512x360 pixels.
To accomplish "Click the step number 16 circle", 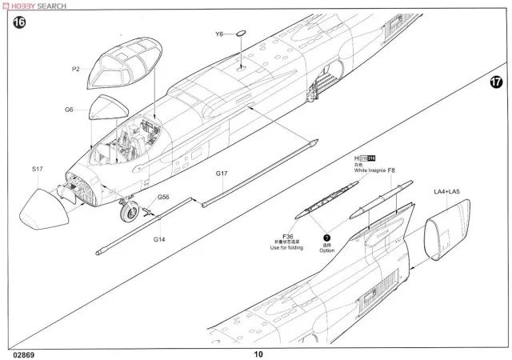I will (x=19, y=23).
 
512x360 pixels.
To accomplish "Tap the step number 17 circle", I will (x=497, y=82).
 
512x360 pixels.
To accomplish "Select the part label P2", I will (x=76, y=70).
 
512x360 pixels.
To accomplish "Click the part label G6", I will (x=70, y=110).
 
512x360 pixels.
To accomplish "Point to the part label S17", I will (x=38, y=169).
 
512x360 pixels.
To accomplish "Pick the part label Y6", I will (x=219, y=34).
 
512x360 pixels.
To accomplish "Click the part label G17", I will (x=222, y=174).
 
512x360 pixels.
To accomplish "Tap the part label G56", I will (x=163, y=197).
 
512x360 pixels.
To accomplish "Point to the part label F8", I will (x=390, y=170).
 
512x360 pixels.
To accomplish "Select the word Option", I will (x=326, y=250).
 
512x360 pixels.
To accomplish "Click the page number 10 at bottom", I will (x=258, y=354).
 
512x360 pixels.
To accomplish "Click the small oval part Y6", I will (x=242, y=34).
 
